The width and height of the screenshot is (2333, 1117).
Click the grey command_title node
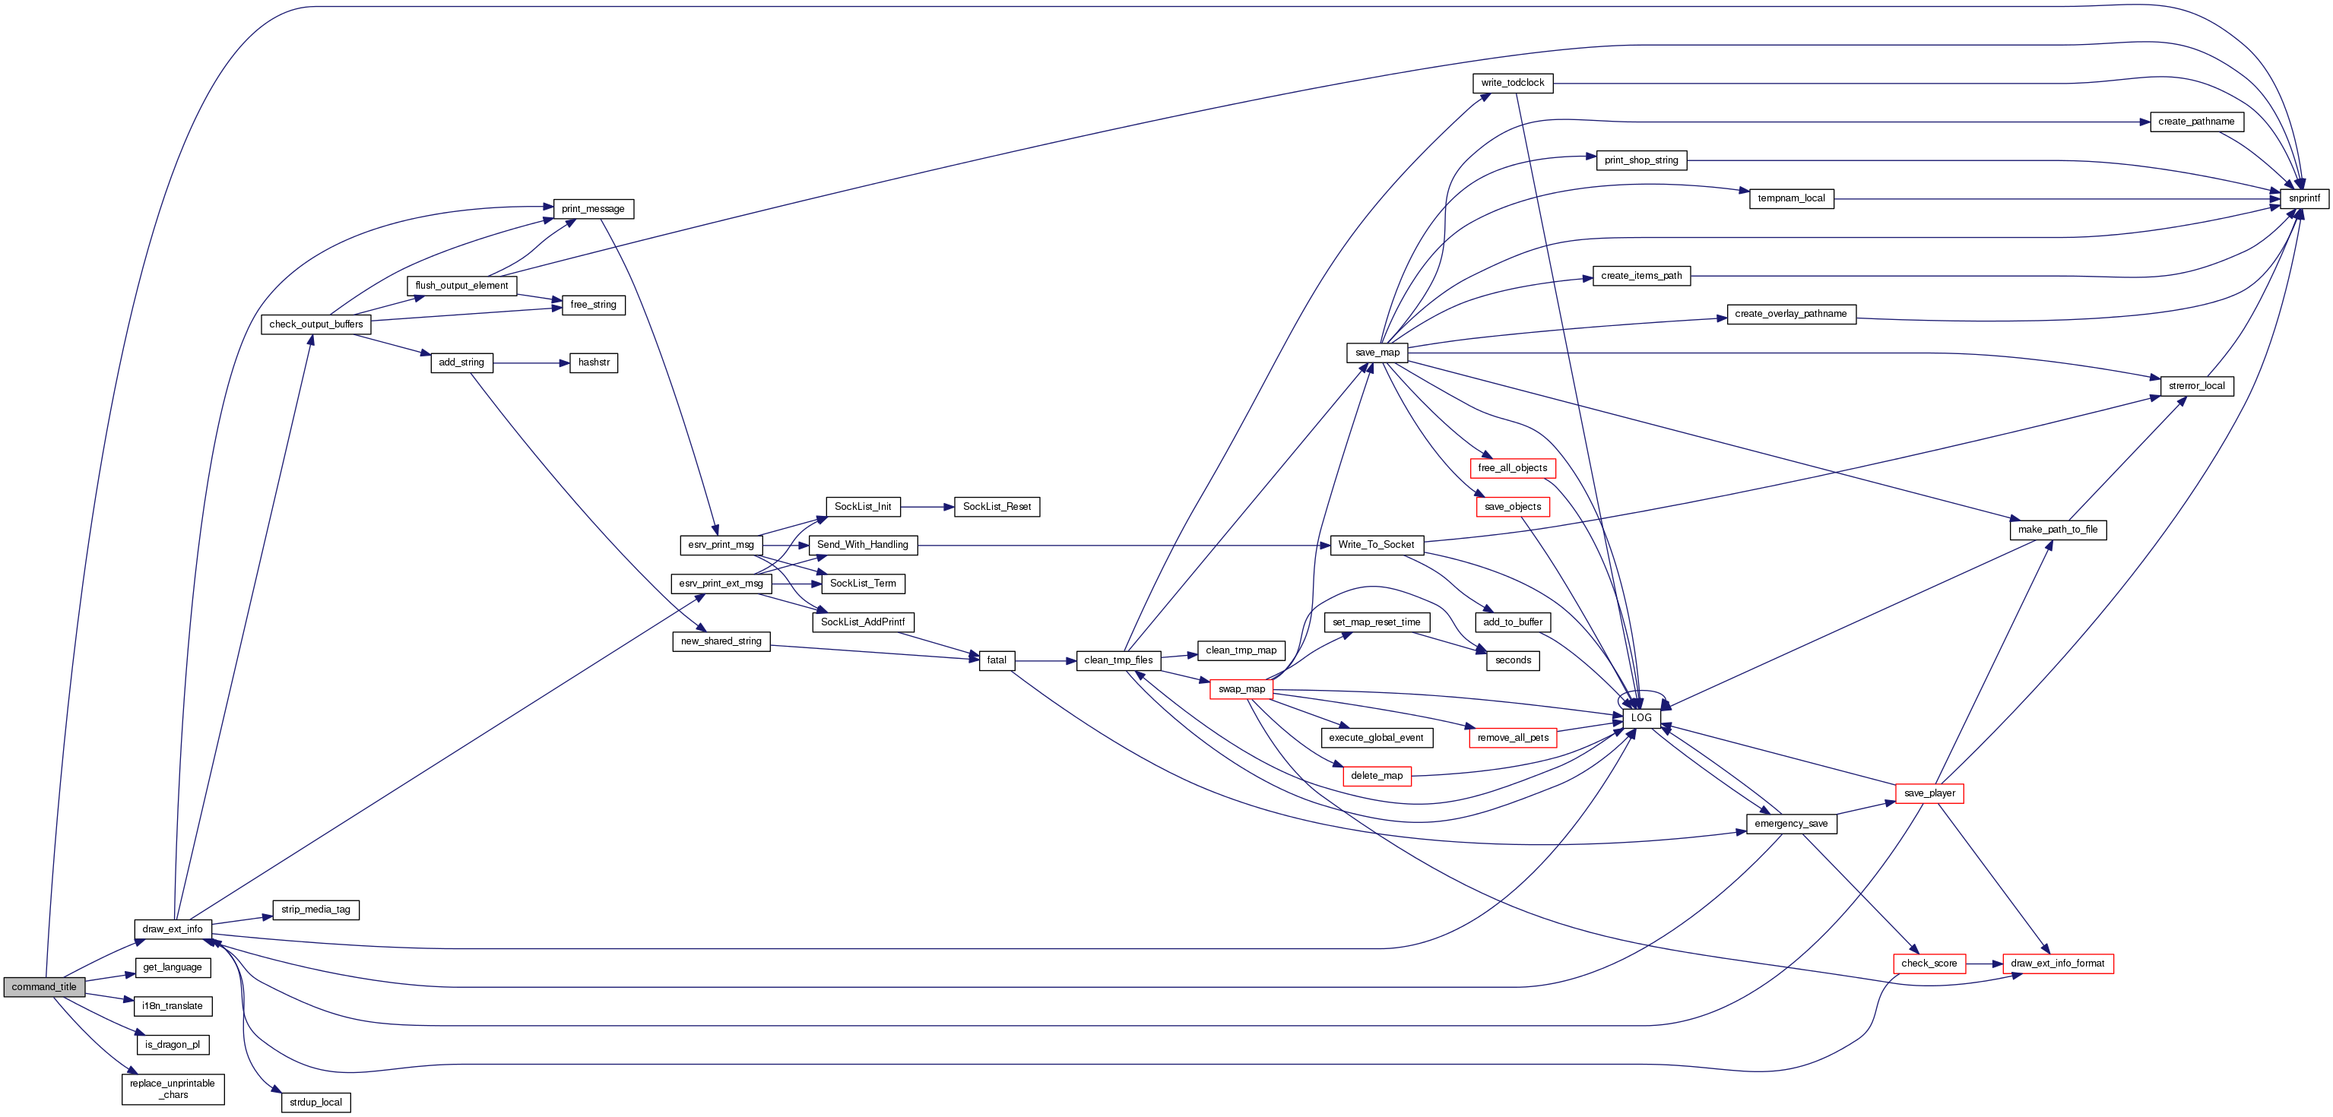click(x=43, y=986)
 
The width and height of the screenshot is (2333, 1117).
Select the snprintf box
click(x=2303, y=198)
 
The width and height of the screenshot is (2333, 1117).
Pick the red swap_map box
click(x=1241, y=690)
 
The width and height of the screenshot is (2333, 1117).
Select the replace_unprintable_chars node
click(x=172, y=1089)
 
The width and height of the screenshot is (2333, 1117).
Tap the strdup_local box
click(x=315, y=1103)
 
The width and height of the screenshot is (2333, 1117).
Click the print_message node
click(x=592, y=209)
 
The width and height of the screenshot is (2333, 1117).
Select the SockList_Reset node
click(x=997, y=507)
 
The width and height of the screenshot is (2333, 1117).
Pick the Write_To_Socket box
click(x=1376, y=545)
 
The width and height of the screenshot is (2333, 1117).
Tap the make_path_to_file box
click(x=2057, y=530)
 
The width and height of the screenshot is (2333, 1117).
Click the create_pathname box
click(x=2195, y=122)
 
